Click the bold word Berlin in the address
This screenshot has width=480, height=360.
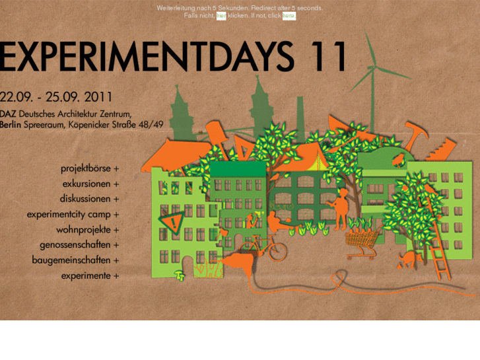tap(11, 124)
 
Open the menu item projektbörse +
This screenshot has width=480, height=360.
tap(90, 168)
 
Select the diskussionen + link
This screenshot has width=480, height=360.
tap(89, 199)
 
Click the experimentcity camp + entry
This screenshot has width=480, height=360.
tap(73, 215)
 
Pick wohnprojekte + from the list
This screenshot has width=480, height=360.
tap(88, 230)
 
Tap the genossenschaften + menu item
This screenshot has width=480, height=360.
tap(79, 245)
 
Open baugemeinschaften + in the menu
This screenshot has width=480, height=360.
tap(75, 260)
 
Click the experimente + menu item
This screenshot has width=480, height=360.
tap(90, 276)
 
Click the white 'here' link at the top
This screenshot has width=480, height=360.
tap(289, 16)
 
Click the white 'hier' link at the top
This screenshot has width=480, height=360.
tap(221, 16)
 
